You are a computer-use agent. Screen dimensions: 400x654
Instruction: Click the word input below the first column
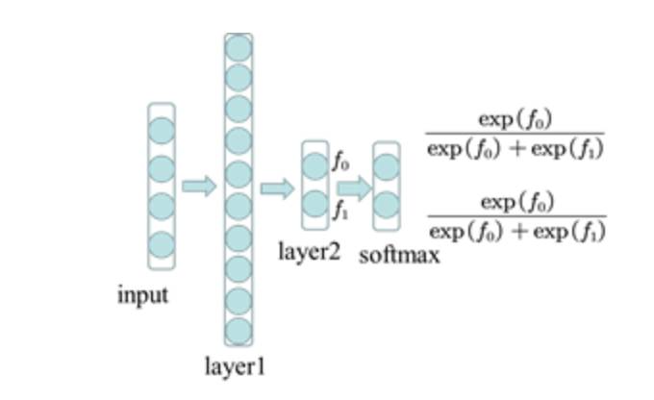coord(142,295)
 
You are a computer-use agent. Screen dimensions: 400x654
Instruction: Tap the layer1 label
coord(235,367)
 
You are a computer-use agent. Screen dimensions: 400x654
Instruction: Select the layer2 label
coord(310,253)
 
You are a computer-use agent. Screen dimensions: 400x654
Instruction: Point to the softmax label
coord(399,256)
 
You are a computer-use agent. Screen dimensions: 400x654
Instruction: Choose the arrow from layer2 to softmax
coord(354,187)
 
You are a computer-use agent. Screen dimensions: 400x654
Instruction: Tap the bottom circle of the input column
coord(162,244)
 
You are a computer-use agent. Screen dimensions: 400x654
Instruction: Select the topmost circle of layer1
coord(239,47)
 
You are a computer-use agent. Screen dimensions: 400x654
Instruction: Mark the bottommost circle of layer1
coord(239,330)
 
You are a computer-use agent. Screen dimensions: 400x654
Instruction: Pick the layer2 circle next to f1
coord(315,205)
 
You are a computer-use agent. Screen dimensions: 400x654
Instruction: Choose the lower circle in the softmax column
coord(386,206)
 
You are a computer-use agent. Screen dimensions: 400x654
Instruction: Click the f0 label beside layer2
coord(340,162)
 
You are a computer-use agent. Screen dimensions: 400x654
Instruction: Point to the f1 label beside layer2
coord(340,211)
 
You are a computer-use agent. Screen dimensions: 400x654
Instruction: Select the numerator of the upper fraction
coord(516,120)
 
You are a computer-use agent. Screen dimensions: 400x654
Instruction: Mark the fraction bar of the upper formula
coord(516,135)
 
